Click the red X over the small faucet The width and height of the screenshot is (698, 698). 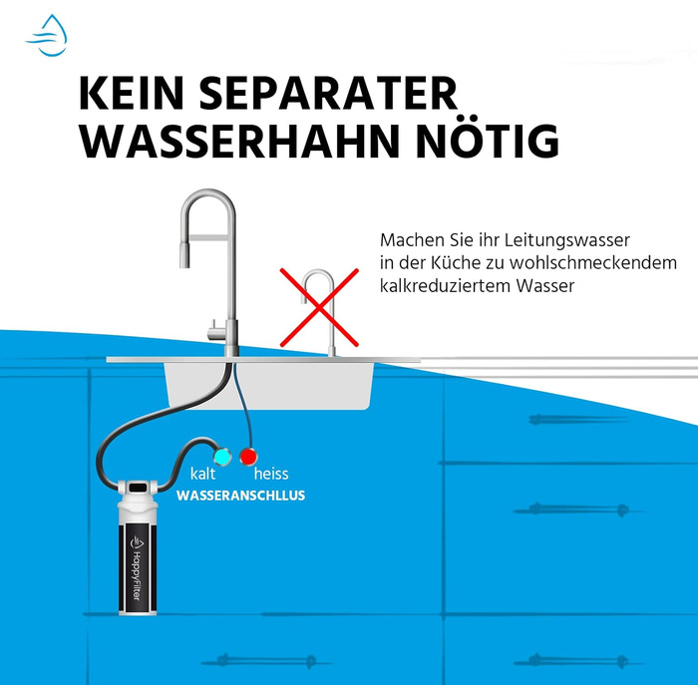[x=317, y=304]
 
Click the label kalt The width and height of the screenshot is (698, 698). [x=202, y=475]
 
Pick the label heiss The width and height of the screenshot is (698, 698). [x=271, y=475]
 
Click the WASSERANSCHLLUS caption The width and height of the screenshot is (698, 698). [x=241, y=496]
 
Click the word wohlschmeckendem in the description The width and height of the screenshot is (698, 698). [x=569, y=264]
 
